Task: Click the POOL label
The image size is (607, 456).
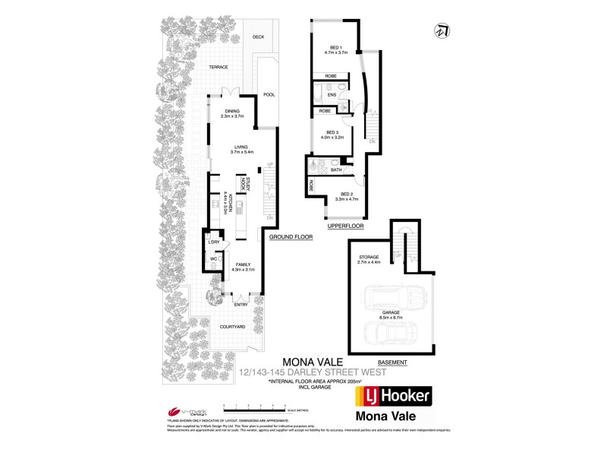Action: (268, 95)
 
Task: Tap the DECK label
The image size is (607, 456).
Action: (258, 36)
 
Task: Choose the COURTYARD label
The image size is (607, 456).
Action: (232, 326)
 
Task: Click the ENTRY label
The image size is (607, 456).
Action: (241, 305)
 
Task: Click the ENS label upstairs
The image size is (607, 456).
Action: (332, 94)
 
